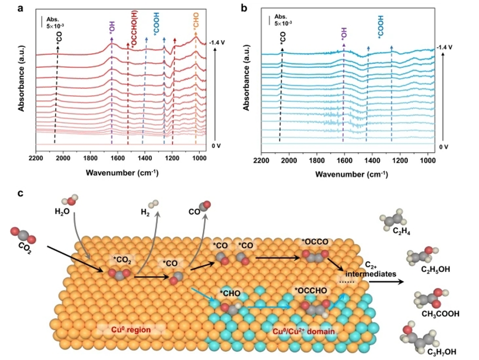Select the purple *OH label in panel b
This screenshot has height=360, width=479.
pyautogui.click(x=344, y=33)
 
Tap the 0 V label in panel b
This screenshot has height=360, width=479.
pyautogui.click(x=444, y=147)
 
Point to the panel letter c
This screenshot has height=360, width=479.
pyautogui.click(x=21, y=194)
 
